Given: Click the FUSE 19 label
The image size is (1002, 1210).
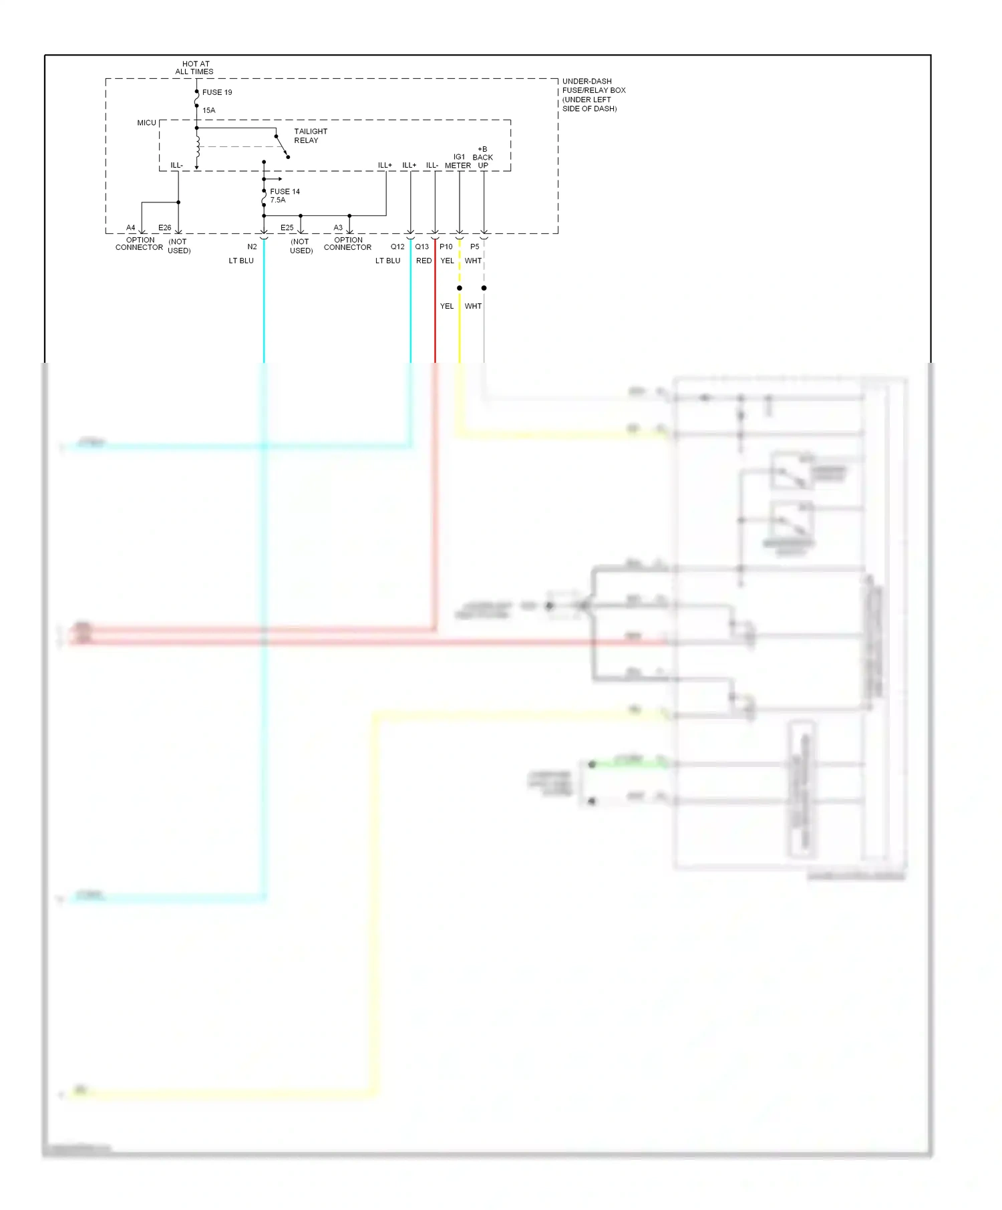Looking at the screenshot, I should [x=217, y=92].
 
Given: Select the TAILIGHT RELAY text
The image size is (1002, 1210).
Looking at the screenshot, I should [x=311, y=136].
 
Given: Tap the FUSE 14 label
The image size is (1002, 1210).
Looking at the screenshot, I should [x=285, y=191].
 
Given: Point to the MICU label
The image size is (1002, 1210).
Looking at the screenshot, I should [x=146, y=123].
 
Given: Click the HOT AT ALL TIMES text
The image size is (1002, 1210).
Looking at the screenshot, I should [x=195, y=67].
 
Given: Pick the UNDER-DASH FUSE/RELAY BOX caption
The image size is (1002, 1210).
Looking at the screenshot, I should [x=593, y=95].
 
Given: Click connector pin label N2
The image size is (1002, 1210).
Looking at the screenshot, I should [x=252, y=247].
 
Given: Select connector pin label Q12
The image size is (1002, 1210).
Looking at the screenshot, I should [x=397, y=247].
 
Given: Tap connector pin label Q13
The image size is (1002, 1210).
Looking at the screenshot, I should [x=422, y=247].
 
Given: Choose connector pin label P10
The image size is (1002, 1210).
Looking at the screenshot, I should [x=446, y=247].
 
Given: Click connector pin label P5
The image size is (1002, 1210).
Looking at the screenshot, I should [x=474, y=247].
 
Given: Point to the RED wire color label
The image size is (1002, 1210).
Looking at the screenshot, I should [x=424, y=261].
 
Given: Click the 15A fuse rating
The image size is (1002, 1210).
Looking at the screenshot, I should [x=209, y=110].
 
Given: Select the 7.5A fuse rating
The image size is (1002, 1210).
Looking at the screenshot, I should [x=278, y=200].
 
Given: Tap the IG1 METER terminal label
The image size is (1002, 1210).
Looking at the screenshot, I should [x=458, y=161].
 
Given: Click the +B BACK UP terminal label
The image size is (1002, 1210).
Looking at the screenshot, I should [x=482, y=157].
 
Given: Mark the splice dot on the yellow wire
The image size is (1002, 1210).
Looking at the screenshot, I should [x=460, y=288].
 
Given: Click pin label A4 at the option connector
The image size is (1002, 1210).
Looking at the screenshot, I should [x=131, y=228].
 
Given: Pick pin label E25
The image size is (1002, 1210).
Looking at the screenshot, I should [x=287, y=228].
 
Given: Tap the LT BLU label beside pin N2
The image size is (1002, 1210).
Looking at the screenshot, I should [x=241, y=261].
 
